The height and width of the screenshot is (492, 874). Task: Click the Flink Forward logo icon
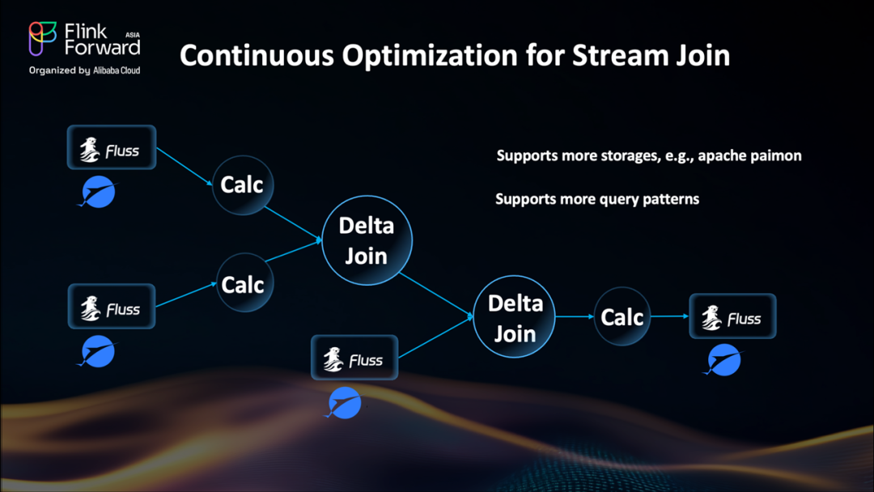click(43, 39)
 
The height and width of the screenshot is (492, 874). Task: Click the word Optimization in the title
click(430, 56)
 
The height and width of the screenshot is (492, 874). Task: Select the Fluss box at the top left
click(112, 147)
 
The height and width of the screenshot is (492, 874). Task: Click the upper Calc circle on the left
click(243, 185)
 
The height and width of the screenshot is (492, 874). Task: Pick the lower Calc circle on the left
click(244, 283)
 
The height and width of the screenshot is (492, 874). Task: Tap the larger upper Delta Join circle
click(367, 240)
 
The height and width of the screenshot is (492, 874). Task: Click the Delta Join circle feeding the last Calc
click(514, 316)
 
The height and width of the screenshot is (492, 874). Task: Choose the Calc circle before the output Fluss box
click(622, 316)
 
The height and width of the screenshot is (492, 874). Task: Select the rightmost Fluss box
click(732, 316)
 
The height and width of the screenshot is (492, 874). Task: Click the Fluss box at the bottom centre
click(354, 358)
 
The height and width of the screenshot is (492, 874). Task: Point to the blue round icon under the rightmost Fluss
click(723, 360)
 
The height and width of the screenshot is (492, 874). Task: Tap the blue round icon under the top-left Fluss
click(98, 192)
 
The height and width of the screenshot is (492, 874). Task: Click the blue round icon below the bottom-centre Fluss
click(343, 402)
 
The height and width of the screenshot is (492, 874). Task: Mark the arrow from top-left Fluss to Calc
click(185, 167)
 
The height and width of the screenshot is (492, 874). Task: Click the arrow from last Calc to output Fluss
click(670, 316)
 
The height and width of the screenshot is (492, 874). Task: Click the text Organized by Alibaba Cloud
click(84, 70)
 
